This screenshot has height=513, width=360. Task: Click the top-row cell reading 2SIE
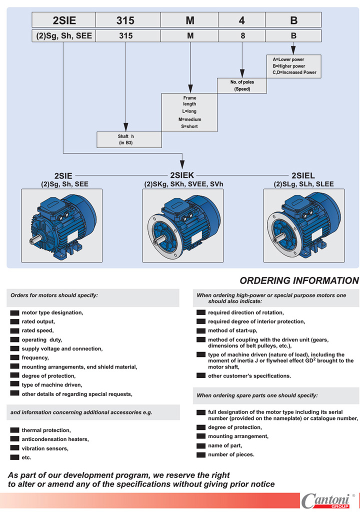point(63,20)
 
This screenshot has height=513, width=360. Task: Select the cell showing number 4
point(242,20)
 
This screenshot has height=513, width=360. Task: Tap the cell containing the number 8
point(242,36)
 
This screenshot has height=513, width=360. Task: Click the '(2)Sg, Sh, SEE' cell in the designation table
point(63,36)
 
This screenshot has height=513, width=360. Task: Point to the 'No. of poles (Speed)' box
point(242,85)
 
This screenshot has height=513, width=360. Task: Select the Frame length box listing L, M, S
point(189,112)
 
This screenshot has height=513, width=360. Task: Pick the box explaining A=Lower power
point(293,66)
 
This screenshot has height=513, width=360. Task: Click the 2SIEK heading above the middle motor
point(182,175)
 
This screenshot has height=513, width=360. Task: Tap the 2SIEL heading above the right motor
point(303,175)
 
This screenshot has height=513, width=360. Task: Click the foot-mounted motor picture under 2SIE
point(61,225)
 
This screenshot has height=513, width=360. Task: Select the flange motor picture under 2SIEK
point(182,225)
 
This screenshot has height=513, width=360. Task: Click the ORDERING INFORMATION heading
point(299,281)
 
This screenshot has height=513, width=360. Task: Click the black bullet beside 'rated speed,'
point(14,330)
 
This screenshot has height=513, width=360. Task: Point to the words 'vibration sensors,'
point(45,448)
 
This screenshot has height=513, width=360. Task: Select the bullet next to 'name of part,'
point(200,445)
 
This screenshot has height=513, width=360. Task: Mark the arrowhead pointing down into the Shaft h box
point(125,127)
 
